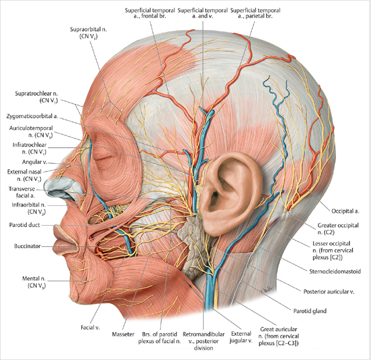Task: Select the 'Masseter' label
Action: tap(122, 335)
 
